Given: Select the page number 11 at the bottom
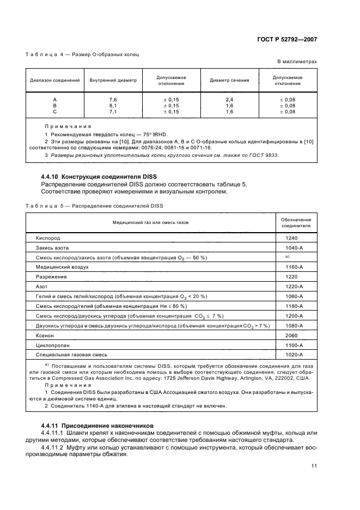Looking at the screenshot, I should point(314,465).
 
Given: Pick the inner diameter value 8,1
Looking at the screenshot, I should point(113,106).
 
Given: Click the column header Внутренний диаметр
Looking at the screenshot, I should point(113,81).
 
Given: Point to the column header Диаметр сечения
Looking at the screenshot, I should point(229,81).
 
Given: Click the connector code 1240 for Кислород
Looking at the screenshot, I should point(291,238).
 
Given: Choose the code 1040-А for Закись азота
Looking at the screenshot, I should point(294,247).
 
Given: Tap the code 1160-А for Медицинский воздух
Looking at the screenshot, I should point(294,267).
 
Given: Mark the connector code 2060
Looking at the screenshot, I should point(291,336).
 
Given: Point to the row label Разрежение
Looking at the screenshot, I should point(51,277).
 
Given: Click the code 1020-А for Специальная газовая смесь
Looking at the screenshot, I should point(294,355).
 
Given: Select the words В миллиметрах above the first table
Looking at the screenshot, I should point(297,62).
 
